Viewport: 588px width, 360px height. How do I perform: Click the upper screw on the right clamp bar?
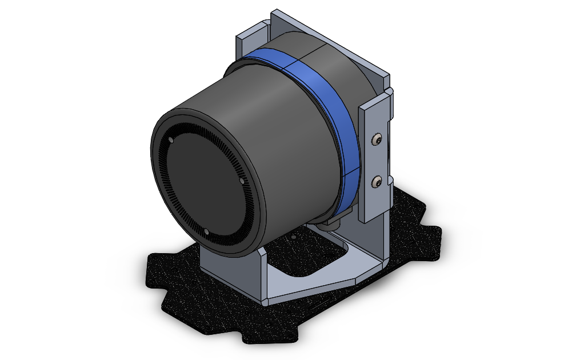376,139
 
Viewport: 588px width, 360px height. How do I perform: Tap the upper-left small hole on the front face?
171,140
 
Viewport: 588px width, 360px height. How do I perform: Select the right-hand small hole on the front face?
242,180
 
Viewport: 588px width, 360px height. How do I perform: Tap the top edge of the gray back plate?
331,40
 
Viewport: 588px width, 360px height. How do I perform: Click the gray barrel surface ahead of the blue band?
269,114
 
